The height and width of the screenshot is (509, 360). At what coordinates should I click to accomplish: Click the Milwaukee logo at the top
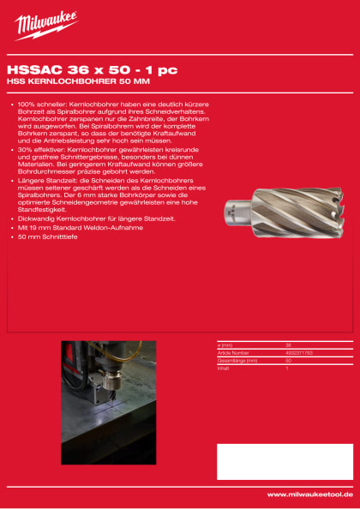(x=46, y=25)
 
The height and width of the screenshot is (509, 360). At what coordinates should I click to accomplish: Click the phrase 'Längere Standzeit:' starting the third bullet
(x=40, y=182)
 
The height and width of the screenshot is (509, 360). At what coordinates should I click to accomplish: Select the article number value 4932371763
(x=298, y=351)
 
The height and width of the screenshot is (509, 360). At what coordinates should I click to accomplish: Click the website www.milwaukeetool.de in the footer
(x=309, y=494)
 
